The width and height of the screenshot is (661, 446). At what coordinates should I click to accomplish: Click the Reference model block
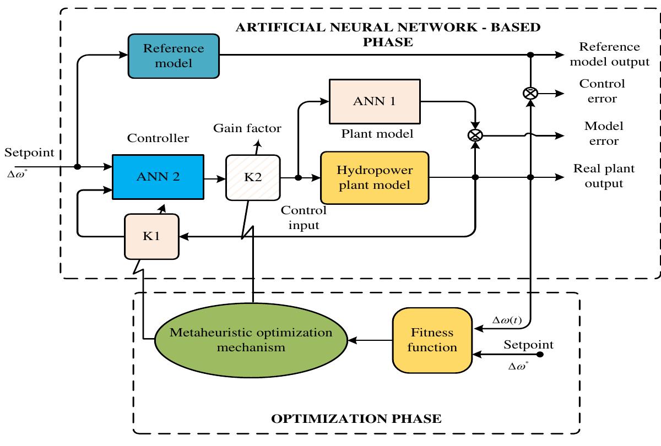pos(174,56)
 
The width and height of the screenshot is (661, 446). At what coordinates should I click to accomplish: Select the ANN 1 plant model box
pos(374,101)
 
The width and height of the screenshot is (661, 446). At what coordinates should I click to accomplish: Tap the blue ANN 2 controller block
pos(158,177)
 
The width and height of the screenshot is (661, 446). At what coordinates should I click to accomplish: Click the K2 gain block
pos(253,177)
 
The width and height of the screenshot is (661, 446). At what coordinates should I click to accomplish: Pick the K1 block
pos(151,236)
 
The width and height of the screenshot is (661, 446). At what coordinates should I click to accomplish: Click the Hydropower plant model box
pos(374,177)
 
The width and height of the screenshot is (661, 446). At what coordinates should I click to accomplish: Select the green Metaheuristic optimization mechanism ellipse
pos(251,340)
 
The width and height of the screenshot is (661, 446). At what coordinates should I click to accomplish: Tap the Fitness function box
pos(432,340)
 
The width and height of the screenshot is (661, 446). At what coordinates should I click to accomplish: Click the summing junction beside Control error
pos(530,94)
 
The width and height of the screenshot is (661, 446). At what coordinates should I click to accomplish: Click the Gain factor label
pos(247,128)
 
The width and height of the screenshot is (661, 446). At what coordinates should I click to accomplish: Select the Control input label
pos(304,218)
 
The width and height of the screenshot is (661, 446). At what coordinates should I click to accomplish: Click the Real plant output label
pos(604,176)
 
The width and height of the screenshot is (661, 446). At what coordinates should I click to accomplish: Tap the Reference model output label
pos(609,54)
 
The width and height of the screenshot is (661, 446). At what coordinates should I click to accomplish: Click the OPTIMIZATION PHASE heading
pos(356,418)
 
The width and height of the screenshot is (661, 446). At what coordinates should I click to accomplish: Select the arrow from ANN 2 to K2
pos(214,178)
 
